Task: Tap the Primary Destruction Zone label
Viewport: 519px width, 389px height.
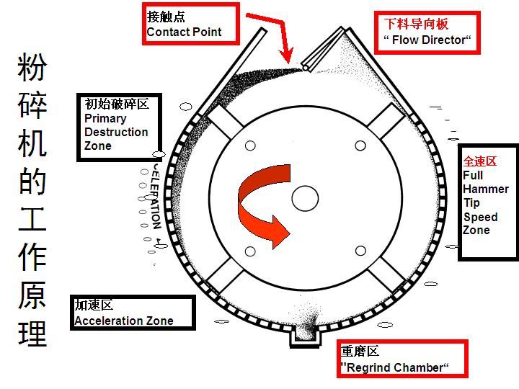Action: (x=119, y=126)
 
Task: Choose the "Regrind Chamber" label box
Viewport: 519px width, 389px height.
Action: (x=403, y=359)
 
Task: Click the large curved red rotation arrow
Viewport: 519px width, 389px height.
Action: (x=264, y=209)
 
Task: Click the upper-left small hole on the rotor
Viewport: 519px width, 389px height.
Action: (x=250, y=146)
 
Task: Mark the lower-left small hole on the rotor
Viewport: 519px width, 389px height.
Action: (x=250, y=251)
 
